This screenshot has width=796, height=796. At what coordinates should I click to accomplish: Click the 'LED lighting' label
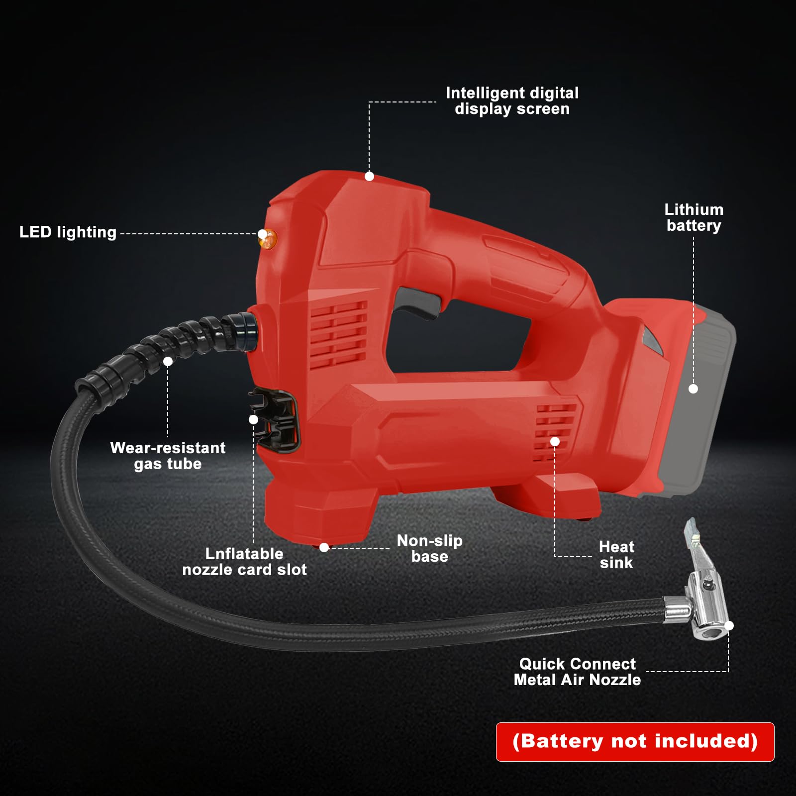[68, 232]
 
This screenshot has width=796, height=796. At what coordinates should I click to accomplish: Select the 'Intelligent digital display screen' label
[512, 101]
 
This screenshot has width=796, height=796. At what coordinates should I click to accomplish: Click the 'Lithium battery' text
[694, 217]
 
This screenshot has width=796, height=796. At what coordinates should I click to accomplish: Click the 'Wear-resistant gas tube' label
[168, 456]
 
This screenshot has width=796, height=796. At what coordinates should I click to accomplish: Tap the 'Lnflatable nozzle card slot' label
[244, 562]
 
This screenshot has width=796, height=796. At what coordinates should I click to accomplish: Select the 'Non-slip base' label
[430, 548]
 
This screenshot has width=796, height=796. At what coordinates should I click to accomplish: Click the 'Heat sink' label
[616, 555]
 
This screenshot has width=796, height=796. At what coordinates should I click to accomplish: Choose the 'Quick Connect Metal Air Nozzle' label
[577, 672]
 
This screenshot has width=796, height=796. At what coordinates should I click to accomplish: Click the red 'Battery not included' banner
[635, 742]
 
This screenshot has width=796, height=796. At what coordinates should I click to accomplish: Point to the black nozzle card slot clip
[275, 421]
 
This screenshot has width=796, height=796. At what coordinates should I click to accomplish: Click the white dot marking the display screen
[369, 176]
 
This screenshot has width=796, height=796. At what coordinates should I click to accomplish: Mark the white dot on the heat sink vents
[555, 441]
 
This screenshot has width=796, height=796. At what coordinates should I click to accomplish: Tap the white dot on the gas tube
[168, 361]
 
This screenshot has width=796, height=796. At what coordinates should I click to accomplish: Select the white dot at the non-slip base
[324, 547]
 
